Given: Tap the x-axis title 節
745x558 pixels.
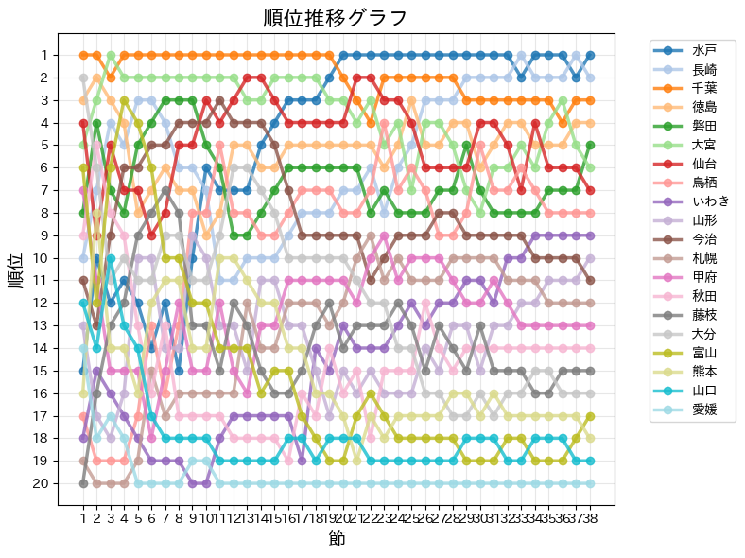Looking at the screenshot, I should (337, 538).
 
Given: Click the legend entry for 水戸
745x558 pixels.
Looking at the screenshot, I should (703, 49).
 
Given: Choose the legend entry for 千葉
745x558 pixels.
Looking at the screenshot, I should (703, 88).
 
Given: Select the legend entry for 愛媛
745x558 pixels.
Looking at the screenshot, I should (703, 410).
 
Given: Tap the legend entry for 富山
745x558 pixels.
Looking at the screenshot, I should (703, 352).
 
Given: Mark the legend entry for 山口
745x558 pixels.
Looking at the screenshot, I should (703, 391).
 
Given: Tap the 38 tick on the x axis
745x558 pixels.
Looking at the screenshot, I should (590, 517).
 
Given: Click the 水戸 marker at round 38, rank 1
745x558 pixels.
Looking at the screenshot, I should (590, 55).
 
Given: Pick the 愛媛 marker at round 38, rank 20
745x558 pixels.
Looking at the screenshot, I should (590, 483).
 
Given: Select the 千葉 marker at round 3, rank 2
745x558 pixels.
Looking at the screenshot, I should (111, 78).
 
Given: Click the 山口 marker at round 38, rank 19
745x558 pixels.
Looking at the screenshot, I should (590, 461).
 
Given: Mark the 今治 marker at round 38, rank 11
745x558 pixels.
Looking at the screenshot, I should (590, 280).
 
